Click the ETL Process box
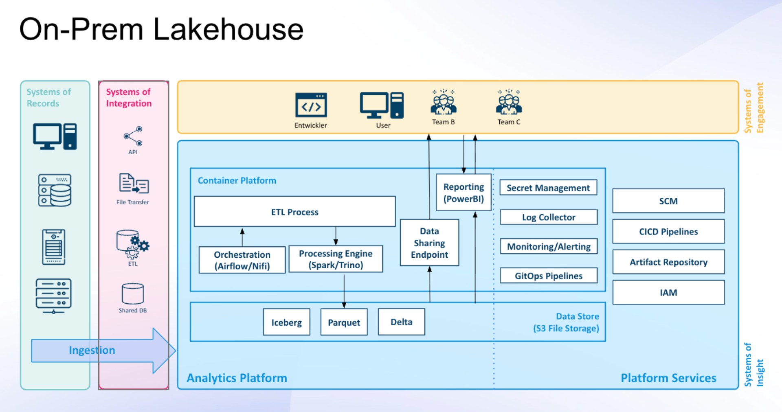[294, 212]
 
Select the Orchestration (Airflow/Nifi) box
[242, 260]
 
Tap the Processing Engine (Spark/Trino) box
[336, 259]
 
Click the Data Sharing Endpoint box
[429, 243]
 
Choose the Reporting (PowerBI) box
[463, 193]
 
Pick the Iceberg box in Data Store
[286, 322]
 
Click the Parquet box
[344, 322]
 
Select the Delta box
[401, 322]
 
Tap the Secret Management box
[548, 188]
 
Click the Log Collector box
[548, 217]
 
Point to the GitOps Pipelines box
[548, 276]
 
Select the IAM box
[668, 292]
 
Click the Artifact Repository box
[668, 262]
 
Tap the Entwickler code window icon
[311, 105]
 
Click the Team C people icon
[509, 102]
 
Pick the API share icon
[133, 136]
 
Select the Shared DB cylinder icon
[133, 294]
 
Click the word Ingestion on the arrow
[92, 350]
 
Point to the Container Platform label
[237, 180]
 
